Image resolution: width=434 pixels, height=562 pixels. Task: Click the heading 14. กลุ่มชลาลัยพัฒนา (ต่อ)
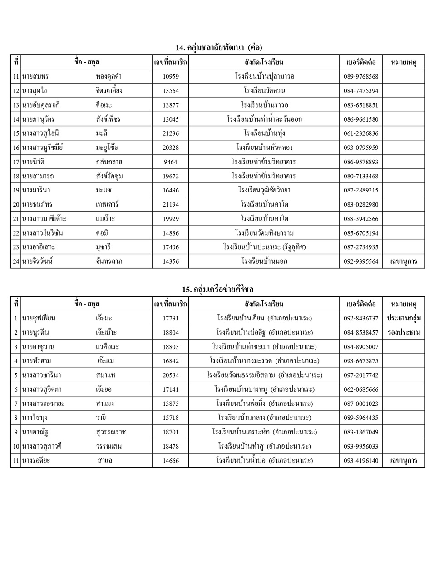click(x=218, y=47)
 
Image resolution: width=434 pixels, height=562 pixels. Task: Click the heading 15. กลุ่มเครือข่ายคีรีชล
click(x=218, y=289)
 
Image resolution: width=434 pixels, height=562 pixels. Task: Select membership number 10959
click(x=171, y=77)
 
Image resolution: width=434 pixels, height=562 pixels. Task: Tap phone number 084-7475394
click(x=360, y=91)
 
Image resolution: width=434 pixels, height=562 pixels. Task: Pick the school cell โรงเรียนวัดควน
click(x=264, y=91)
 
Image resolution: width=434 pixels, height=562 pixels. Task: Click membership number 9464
click(x=171, y=162)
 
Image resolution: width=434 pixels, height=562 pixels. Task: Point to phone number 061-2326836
click(x=360, y=133)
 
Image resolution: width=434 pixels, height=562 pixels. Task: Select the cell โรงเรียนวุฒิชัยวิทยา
click(x=264, y=190)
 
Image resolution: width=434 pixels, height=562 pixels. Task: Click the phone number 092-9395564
click(x=360, y=261)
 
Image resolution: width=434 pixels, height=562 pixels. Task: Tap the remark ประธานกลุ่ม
click(x=404, y=318)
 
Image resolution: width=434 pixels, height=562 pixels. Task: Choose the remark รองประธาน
click(x=404, y=333)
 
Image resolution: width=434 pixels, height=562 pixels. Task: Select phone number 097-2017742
click(x=360, y=375)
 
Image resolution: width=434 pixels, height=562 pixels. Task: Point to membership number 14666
click(x=171, y=461)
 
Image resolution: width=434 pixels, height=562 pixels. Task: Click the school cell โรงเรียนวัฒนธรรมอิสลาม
click(x=264, y=375)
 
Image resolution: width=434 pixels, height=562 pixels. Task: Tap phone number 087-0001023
click(x=360, y=404)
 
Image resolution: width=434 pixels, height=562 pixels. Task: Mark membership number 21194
click(x=171, y=205)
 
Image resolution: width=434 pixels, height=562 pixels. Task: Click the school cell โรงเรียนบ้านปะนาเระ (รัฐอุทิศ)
click(x=264, y=247)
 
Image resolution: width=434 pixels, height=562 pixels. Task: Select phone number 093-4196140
click(x=360, y=461)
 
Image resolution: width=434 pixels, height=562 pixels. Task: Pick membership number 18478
click(x=171, y=447)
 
